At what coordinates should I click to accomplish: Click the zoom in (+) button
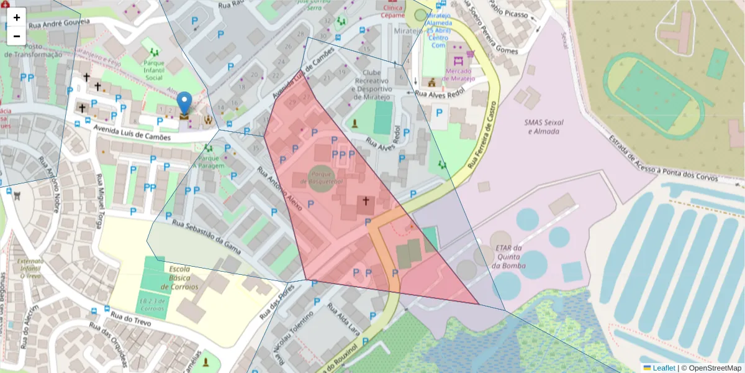pos(17,17)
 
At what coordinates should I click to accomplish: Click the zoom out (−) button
pos(17,36)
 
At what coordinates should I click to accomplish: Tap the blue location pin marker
pos(184,104)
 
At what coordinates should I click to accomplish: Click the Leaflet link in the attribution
pos(663,368)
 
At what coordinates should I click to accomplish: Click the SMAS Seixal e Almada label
pos(544,127)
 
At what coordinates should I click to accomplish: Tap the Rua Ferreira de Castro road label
pos(483,136)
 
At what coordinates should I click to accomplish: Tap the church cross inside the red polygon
pos(366,201)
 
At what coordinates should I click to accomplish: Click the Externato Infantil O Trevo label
pos(30,269)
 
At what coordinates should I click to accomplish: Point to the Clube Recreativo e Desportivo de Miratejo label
pos(372,85)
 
